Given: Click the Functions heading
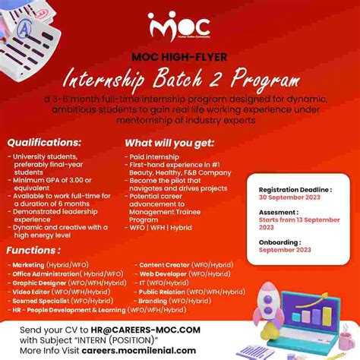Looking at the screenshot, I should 35,251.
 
